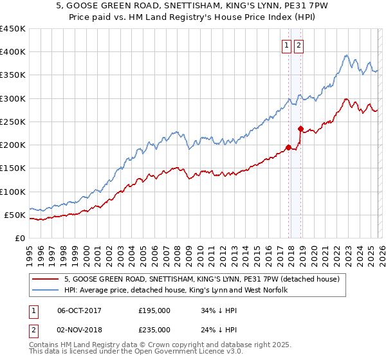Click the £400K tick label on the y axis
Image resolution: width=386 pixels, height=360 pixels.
(x=13, y=52)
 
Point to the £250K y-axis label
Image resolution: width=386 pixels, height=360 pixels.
(x=13, y=122)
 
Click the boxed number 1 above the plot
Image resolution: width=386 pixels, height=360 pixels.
(x=286, y=45)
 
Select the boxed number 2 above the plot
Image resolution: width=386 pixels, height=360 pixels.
(x=300, y=45)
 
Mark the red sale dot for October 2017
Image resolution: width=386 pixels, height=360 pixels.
(x=288, y=147)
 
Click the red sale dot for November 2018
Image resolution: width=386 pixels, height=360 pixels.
(x=300, y=129)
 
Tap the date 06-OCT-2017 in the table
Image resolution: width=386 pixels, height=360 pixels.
(x=79, y=310)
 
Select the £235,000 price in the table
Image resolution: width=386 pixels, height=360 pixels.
(x=154, y=329)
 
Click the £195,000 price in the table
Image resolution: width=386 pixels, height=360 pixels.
(x=154, y=310)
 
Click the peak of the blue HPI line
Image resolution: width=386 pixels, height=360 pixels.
(x=346, y=55)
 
